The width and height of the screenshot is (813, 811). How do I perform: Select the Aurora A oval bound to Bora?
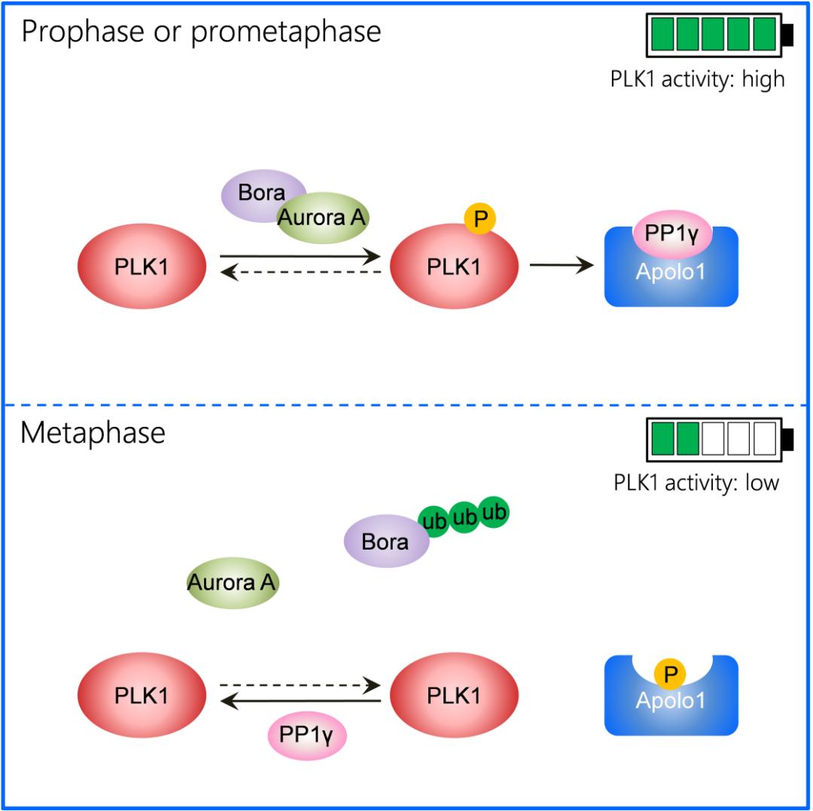(x=321, y=218)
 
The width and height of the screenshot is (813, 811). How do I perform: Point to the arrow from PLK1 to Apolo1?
(x=561, y=265)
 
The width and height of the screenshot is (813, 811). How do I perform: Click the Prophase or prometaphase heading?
(x=201, y=32)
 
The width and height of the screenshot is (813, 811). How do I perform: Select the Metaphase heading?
(x=93, y=434)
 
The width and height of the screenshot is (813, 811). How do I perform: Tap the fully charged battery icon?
(x=719, y=35)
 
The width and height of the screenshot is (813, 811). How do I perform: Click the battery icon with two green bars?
(x=719, y=440)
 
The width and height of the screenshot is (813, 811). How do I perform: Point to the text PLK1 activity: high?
(x=697, y=78)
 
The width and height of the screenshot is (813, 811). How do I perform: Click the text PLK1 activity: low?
(x=696, y=483)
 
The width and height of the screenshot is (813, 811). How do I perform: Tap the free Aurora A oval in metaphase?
(x=233, y=583)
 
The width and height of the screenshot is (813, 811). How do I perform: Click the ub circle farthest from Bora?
(x=494, y=512)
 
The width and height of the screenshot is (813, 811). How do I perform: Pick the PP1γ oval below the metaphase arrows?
(x=306, y=735)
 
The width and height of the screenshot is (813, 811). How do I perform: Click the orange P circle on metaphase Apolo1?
(x=669, y=672)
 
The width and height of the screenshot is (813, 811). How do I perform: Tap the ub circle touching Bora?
(x=434, y=521)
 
